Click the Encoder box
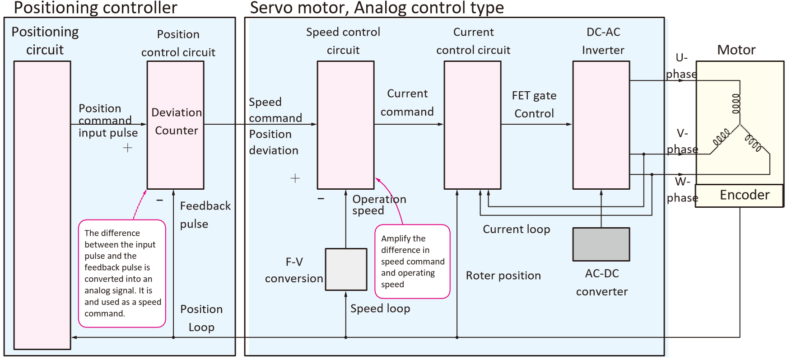(x=739, y=196)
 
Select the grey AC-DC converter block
(x=601, y=244)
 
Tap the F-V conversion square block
(x=346, y=269)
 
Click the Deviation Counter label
(x=176, y=122)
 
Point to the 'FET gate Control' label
(x=534, y=104)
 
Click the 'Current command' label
(x=407, y=103)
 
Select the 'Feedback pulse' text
(x=205, y=215)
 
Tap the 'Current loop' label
(x=516, y=229)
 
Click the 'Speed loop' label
(x=380, y=309)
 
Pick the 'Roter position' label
(x=503, y=276)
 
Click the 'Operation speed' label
(x=379, y=205)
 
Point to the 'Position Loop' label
(x=201, y=318)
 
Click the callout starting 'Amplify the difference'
(x=412, y=262)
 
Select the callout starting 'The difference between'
(x=122, y=273)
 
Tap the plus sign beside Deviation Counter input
(x=128, y=148)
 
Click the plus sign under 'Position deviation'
(x=295, y=178)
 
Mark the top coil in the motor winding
(x=736, y=103)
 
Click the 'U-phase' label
(x=681, y=66)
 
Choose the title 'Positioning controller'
(x=95, y=8)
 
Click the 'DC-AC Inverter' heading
(x=603, y=41)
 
